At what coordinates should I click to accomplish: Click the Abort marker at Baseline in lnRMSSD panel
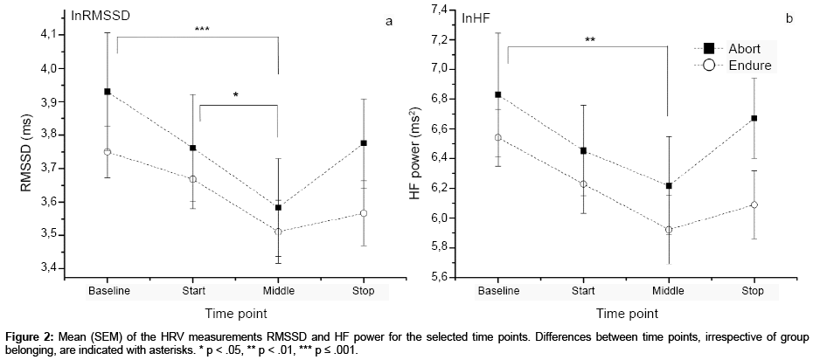108,91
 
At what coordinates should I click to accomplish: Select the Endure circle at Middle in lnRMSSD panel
278,232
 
